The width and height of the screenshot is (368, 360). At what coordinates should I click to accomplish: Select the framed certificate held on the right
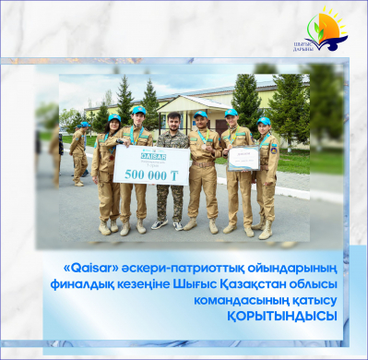tap(243, 158)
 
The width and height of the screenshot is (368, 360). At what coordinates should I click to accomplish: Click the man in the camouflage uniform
tap(172, 175)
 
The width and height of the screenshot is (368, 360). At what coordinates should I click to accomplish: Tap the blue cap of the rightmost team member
tap(265, 120)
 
